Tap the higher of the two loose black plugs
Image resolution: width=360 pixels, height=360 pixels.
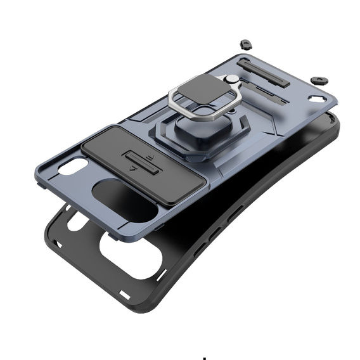click(246, 45)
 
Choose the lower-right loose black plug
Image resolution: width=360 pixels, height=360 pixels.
click(319, 80)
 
